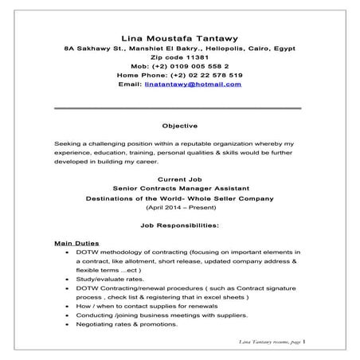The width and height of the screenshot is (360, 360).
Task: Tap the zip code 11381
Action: (193, 59)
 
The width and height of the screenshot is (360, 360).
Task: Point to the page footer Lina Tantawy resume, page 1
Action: (271, 341)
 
